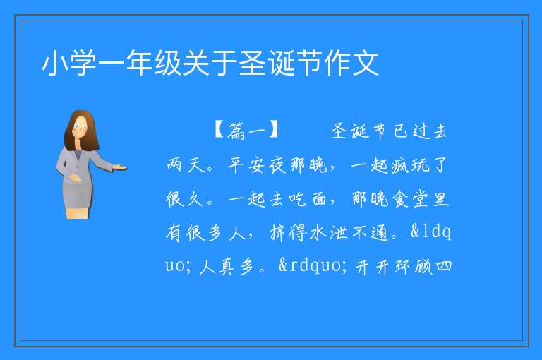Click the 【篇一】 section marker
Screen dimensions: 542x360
(246, 131)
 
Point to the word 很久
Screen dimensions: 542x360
(184, 198)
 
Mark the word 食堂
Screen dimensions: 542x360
(410, 199)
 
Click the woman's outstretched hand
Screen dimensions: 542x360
(119, 167)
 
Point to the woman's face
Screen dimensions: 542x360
(80, 126)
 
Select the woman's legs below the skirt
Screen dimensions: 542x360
(78, 212)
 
